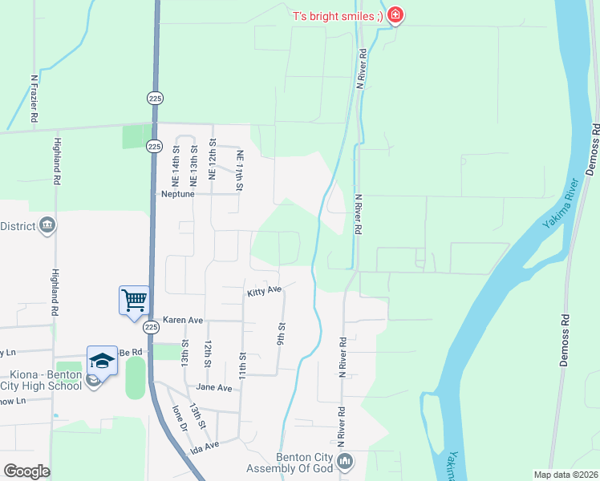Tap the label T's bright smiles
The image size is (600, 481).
coord(337,16)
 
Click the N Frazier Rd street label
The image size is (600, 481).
coord(34,99)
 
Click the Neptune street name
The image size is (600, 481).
coord(179,194)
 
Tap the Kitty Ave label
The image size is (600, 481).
coord(265,290)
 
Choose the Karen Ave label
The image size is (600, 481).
coord(184,319)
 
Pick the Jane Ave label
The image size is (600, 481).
coord(214,387)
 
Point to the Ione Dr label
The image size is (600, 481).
coord(178,419)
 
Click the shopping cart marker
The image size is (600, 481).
coord(134,301)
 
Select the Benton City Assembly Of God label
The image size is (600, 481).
coord(305,463)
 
